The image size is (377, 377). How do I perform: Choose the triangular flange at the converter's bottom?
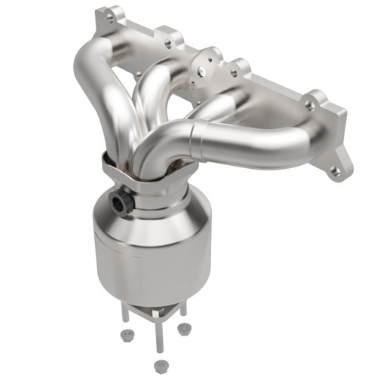click(155, 302)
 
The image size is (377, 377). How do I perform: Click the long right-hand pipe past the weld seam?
click(249, 139)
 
